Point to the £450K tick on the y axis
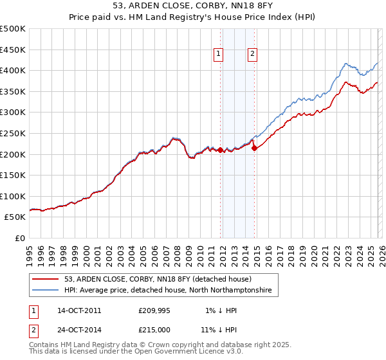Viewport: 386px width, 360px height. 13,50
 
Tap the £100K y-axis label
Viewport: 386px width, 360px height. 13,196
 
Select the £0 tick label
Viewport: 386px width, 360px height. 19,238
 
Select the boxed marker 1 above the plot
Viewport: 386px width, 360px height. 219,54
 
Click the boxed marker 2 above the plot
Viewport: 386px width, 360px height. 253,54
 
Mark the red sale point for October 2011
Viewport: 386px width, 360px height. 220,150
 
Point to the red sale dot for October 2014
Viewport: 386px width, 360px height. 254,148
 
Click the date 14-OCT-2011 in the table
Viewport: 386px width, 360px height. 79,310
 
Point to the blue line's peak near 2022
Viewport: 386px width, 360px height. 346,64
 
